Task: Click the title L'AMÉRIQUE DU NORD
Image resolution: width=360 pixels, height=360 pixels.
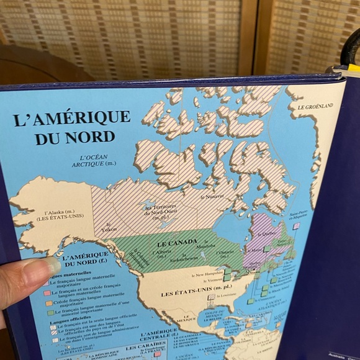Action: [x=71, y=126]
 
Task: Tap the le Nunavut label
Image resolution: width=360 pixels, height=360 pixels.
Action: [x=212, y=197]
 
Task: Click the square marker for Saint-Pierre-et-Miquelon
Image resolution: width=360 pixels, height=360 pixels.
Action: [x=296, y=227]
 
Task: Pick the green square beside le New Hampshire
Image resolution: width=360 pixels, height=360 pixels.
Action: [x=228, y=271]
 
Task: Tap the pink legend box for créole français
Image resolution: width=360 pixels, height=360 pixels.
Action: [x=47, y=293]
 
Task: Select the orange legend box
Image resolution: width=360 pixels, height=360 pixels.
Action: [x=49, y=303]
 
